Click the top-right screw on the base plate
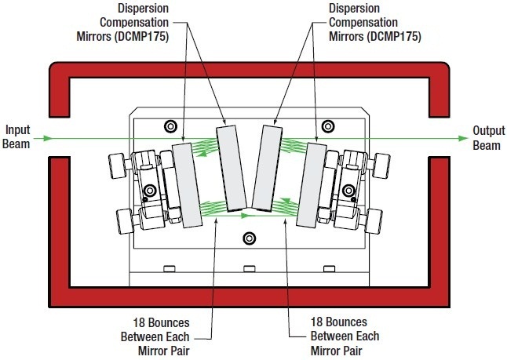coord(330,125)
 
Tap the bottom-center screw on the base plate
coord(250,238)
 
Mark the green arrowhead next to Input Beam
coord(48,139)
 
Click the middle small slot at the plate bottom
coord(250,270)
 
